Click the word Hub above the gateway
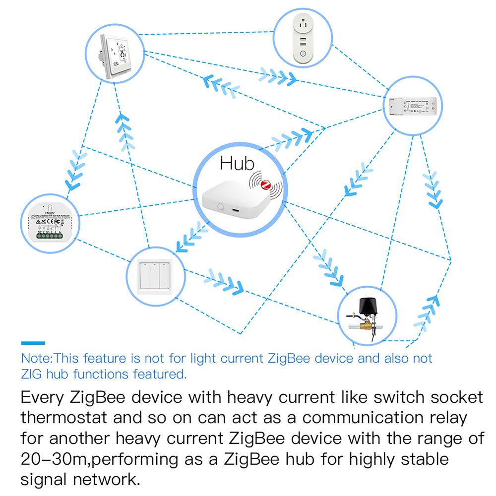237,163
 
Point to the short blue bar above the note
33,343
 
